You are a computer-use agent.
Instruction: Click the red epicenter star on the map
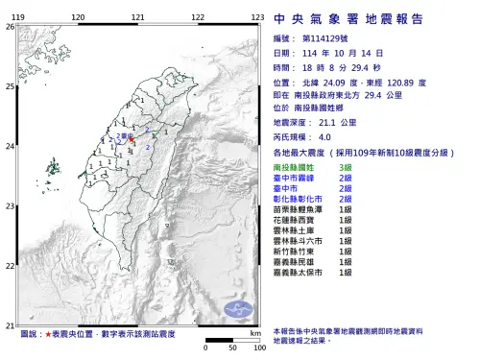click(x=131, y=140)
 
